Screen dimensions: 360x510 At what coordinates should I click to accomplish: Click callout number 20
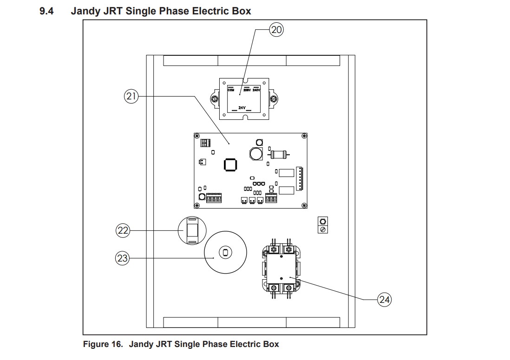[x=276, y=30]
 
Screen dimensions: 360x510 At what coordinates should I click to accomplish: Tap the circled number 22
[x=123, y=230]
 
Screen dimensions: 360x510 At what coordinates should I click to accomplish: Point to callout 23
[x=123, y=258]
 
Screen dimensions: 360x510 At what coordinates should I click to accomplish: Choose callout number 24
[x=385, y=300]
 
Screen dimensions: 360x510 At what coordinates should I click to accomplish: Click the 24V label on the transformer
[x=242, y=107]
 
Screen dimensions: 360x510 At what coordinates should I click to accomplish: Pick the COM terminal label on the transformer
[x=231, y=90]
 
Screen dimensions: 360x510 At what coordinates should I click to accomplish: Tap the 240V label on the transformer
[x=257, y=90]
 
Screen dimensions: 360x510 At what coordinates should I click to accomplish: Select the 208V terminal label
[x=247, y=90]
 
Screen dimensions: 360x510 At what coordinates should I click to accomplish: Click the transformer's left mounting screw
[x=215, y=98]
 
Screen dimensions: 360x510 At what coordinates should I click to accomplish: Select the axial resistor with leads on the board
[x=278, y=153]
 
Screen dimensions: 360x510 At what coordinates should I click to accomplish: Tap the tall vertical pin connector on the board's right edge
[x=300, y=178]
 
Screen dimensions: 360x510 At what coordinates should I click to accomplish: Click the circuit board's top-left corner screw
[x=197, y=136]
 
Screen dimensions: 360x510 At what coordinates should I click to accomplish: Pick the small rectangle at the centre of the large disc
[x=225, y=253]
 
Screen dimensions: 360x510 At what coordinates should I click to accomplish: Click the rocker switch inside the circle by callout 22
[x=192, y=230]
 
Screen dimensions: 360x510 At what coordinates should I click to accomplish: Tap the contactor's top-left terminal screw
[x=275, y=250]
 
